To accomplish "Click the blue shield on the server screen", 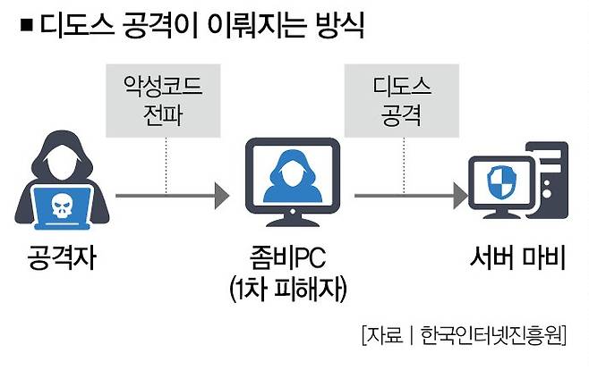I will coord(499,186).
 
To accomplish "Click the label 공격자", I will coord(62,260).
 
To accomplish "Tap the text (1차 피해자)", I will coord(290,290).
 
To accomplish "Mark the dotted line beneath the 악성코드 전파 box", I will coord(166,161).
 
